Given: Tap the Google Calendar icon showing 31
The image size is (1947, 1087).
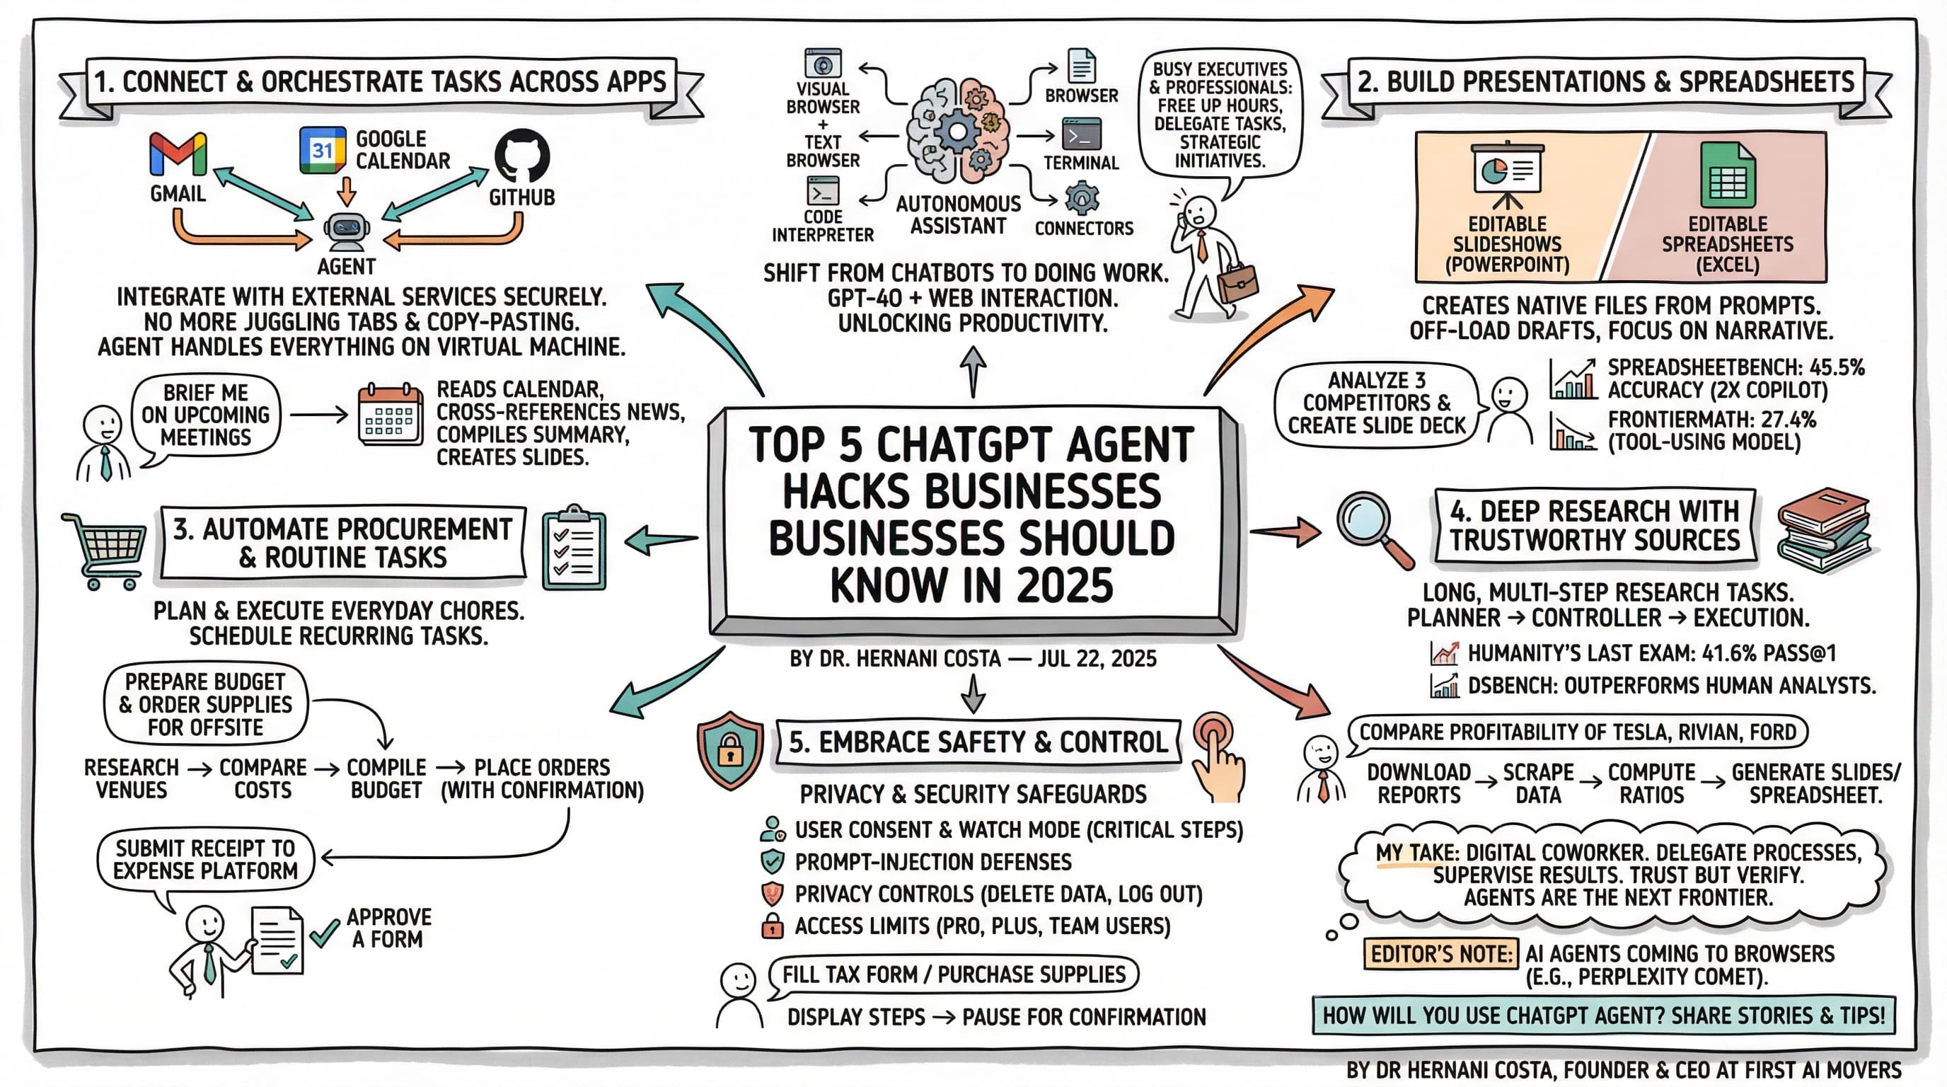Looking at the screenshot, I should (x=323, y=149).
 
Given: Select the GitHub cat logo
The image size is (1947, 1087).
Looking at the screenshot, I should (x=521, y=155).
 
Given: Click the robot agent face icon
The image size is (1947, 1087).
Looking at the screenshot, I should (x=346, y=231).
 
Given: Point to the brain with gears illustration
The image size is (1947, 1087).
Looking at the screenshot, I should (x=958, y=132).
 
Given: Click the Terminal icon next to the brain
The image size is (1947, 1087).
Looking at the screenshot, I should (x=1081, y=135).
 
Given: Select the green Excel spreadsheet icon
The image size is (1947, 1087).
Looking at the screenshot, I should (x=1727, y=176).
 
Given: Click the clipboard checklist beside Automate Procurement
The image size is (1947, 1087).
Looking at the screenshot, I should (x=574, y=548).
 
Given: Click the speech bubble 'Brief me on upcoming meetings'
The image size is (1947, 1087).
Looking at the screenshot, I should (x=206, y=415).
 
